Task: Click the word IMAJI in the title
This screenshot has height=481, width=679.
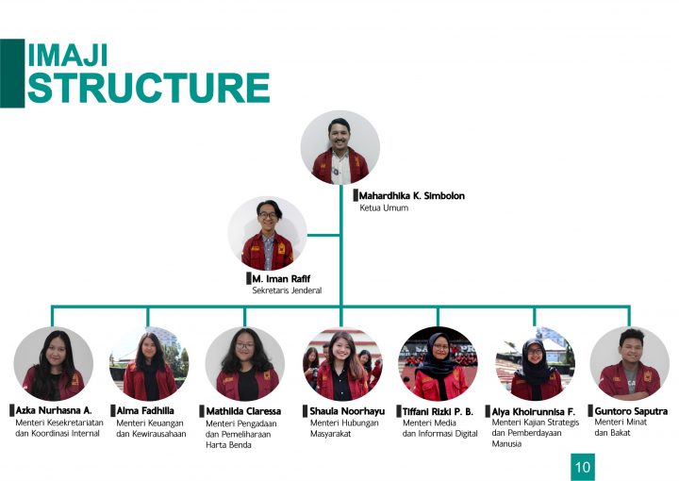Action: [x=68, y=55]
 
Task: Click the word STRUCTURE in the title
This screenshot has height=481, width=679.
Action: [x=149, y=88]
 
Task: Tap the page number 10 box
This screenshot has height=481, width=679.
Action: [x=583, y=466]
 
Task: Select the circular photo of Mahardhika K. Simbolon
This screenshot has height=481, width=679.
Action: [x=340, y=147]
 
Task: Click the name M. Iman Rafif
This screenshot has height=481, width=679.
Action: [x=281, y=278]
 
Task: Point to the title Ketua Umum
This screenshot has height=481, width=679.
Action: [x=384, y=207]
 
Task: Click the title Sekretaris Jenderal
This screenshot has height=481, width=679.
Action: [x=287, y=290]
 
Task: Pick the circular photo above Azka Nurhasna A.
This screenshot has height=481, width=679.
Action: [x=53, y=364]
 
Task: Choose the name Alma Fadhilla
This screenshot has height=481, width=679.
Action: [x=145, y=410]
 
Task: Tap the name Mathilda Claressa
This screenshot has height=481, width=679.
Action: [x=243, y=411]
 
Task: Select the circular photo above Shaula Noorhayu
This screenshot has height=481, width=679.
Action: [x=342, y=364]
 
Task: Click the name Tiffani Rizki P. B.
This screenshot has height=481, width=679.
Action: [x=438, y=411]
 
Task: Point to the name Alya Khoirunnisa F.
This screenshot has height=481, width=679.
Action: [x=533, y=412]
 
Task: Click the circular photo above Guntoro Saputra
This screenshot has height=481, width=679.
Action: [x=630, y=364]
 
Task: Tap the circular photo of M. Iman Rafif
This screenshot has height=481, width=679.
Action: [x=268, y=234]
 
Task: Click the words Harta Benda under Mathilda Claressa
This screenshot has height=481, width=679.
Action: [x=228, y=444]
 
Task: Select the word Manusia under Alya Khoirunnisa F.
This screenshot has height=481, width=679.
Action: [x=506, y=444]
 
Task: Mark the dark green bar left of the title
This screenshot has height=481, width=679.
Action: [x=12, y=74]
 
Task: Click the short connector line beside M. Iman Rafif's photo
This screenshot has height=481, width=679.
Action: [x=323, y=235]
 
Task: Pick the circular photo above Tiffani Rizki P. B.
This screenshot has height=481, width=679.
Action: [x=438, y=364]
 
